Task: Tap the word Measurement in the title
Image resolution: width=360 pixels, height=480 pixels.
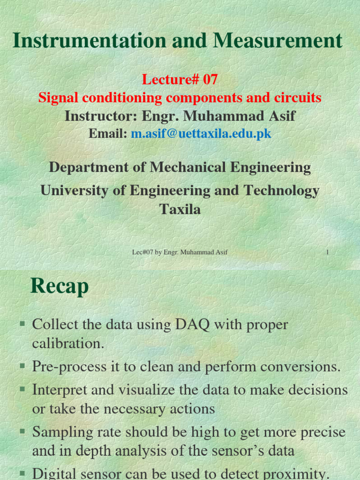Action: (x=278, y=41)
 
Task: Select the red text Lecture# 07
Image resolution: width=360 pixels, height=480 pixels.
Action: (x=180, y=80)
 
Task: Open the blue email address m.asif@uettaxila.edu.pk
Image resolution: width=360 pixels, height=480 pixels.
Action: (x=201, y=134)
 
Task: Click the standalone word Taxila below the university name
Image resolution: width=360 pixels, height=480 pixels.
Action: (x=180, y=209)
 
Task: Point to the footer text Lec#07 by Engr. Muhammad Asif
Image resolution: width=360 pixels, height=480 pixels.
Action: (x=180, y=252)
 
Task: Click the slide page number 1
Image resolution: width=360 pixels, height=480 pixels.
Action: (x=327, y=252)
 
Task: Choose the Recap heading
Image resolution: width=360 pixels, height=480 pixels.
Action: (x=60, y=286)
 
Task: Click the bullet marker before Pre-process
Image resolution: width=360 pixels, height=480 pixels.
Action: (x=22, y=366)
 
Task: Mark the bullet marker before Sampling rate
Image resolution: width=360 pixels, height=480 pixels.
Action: (x=22, y=431)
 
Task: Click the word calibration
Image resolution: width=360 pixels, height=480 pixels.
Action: (x=67, y=344)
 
